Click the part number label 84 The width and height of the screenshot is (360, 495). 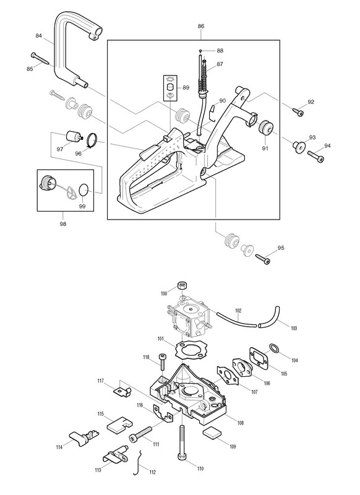tap(38, 36)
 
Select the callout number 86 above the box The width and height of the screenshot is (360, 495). tap(201, 26)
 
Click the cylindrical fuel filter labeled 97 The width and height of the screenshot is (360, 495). tap(73, 137)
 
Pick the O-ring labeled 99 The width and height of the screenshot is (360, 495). tap(84, 190)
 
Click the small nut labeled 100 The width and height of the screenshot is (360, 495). tap(182, 285)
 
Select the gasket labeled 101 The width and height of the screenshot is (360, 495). tap(188, 350)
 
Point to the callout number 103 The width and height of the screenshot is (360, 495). tap(294, 329)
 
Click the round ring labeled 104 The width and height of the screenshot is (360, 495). tap(274, 348)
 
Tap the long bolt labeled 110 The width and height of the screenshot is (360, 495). tap(182, 444)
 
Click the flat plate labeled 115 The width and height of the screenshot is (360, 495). tap(119, 423)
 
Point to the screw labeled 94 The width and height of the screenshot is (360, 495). tap(315, 157)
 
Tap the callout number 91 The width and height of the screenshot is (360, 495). tap(265, 148)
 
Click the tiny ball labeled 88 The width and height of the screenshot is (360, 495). tap(200, 51)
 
